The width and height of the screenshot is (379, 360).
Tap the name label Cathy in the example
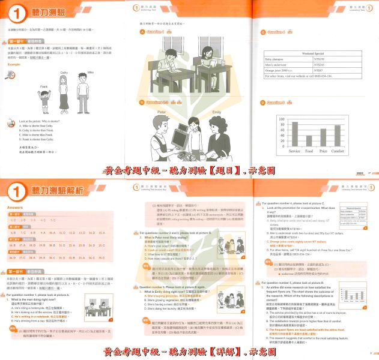64,73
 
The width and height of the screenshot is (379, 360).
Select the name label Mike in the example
91,73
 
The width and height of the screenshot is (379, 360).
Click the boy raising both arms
43,103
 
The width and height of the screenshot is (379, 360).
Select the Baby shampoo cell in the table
283,59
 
